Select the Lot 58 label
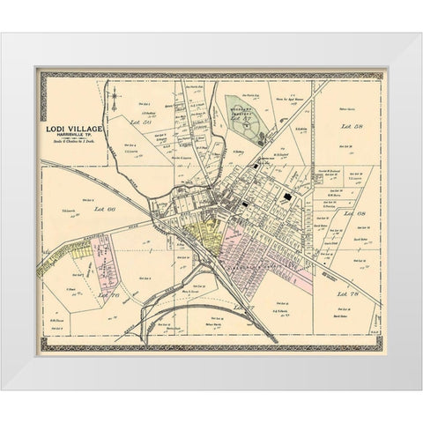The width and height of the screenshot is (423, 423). (352, 129)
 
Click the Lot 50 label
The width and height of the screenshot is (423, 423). (137, 117)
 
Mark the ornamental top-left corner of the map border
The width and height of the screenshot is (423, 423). (40, 73)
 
